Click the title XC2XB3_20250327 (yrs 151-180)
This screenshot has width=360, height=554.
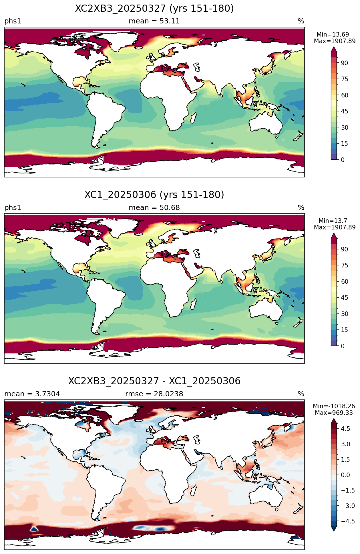pyautogui.click(x=154, y=9)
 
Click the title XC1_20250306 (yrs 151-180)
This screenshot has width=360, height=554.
pyautogui.click(x=154, y=195)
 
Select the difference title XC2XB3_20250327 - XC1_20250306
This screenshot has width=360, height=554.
pyautogui.click(x=154, y=381)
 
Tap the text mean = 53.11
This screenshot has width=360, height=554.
pyautogui.click(x=154, y=21)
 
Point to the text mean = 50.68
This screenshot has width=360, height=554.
pyautogui.click(x=154, y=208)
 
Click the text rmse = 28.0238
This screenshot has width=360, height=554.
pyautogui.click(x=154, y=394)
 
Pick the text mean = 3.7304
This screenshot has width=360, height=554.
pyautogui.click(x=32, y=394)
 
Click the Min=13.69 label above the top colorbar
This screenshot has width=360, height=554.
pyautogui.click(x=333, y=35)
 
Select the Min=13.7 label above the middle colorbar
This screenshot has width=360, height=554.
pyautogui.click(x=333, y=221)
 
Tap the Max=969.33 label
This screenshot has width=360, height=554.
pyautogui.click(x=334, y=413)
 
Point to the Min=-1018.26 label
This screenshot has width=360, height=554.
pyautogui.click(x=334, y=406)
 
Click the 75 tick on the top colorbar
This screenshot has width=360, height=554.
pyautogui.click(x=344, y=79)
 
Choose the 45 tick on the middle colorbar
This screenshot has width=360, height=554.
pyautogui.click(x=344, y=298)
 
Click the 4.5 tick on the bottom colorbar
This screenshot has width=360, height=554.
pyautogui.click(x=345, y=429)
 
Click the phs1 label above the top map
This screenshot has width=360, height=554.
pyautogui.click(x=13, y=21)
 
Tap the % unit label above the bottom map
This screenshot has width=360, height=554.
pyautogui.click(x=301, y=394)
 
